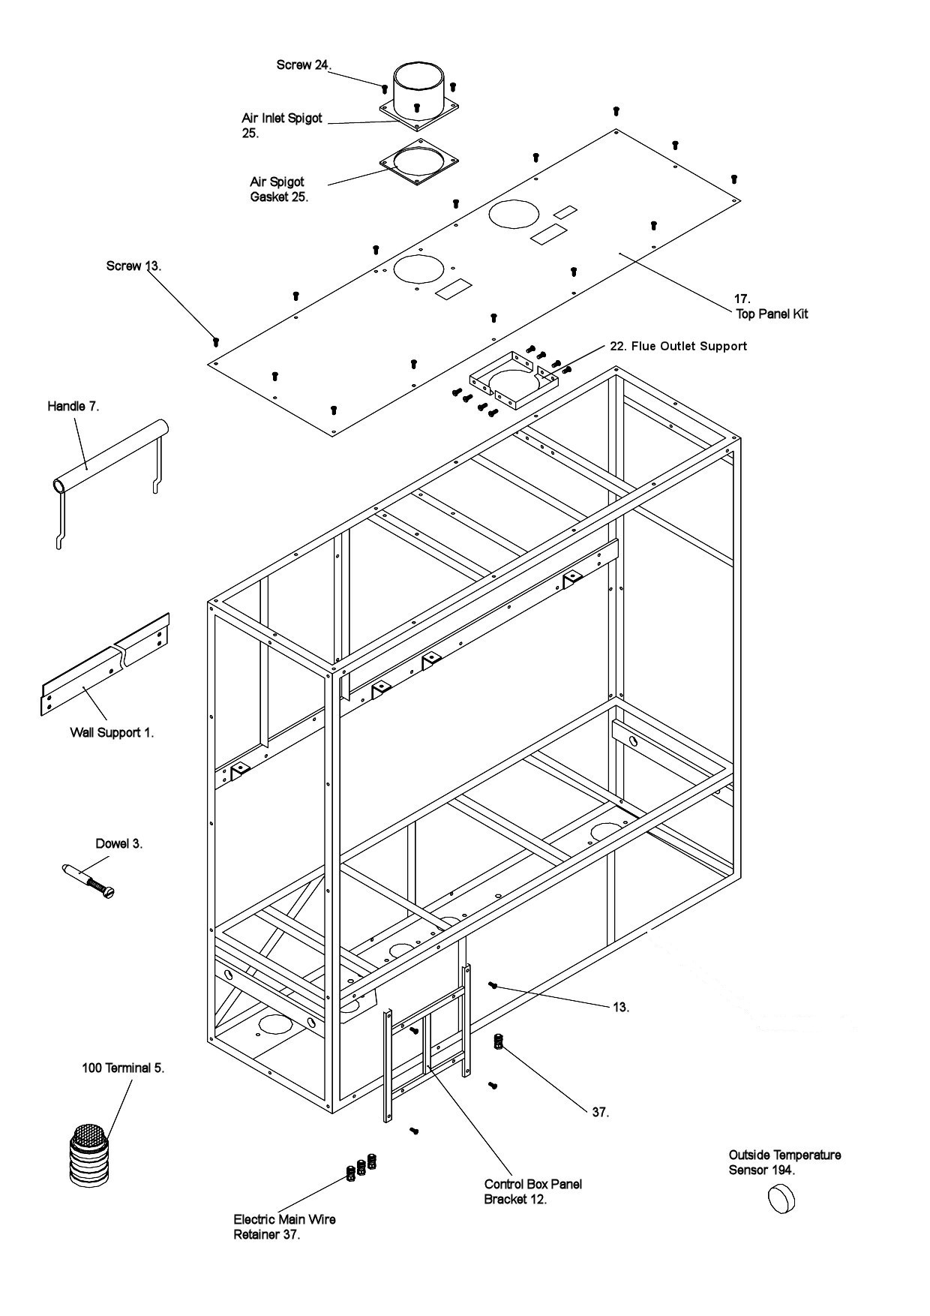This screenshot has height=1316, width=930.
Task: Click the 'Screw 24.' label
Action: click(303, 65)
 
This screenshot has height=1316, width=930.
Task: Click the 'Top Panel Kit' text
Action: click(772, 314)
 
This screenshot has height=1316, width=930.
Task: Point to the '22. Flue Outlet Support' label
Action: click(678, 346)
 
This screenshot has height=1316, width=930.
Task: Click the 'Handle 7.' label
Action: click(73, 406)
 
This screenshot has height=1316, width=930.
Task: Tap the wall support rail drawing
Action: click(105, 664)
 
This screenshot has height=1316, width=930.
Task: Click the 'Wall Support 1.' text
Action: click(112, 732)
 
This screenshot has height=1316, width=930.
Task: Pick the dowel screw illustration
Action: click(88, 879)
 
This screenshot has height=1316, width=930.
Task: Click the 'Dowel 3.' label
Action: click(118, 843)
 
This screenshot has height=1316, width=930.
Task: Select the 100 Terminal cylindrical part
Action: click(89, 1155)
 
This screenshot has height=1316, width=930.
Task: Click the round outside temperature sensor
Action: click(781, 1198)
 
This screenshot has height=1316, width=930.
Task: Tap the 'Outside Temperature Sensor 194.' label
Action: click(784, 1162)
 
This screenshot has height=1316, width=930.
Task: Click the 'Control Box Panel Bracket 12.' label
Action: click(532, 1191)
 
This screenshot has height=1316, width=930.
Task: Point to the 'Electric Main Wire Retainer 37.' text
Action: click(284, 1227)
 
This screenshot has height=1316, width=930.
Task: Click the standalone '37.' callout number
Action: click(600, 1112)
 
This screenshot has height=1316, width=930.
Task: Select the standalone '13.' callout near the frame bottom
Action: click(620, 1007)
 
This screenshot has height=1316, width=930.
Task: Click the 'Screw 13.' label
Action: click(133, 266)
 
